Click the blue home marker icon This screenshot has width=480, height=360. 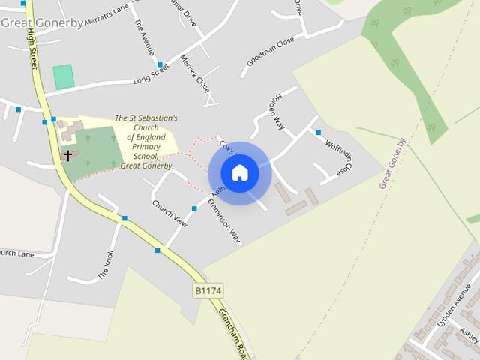[x=240, y=173]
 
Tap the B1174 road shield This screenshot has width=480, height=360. [x=208, y=289]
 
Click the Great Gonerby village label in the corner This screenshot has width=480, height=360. [x=42, y=22]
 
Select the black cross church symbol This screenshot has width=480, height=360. [x=67, y=156]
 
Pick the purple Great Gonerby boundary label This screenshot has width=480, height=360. [x=392, y=163]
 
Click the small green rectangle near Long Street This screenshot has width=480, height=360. [x=64, y=76]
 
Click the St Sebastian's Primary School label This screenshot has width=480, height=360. [x=146, y=142]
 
